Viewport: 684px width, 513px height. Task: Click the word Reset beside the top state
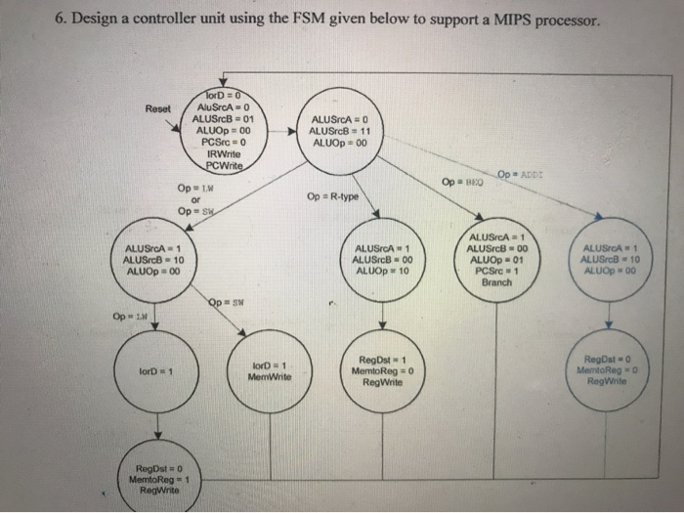(158, 107)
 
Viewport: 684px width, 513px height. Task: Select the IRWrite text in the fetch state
(224, 153)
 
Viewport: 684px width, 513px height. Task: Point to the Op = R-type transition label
(332, 197)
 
